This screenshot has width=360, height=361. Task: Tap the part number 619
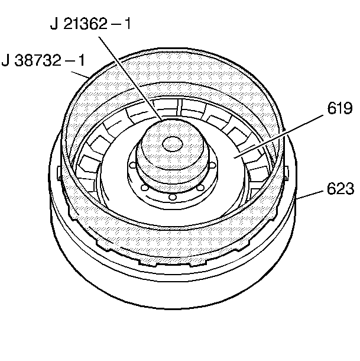click(339, 108)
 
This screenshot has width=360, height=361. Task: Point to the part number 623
click(339, 189)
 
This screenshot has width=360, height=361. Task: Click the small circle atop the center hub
click(172, 143)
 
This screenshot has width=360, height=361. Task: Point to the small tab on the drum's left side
click(61, 173)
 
